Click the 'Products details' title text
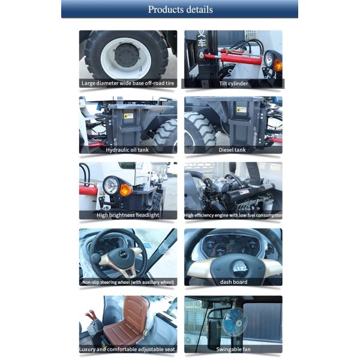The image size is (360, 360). pos(180,9)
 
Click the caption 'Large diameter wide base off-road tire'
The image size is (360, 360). pos(128,83)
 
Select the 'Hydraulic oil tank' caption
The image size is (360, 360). pos(127,149)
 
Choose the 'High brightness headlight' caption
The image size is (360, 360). pos(128,215)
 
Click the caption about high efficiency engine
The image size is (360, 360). pos(233,215)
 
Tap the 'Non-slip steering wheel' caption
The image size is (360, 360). pos(128,281)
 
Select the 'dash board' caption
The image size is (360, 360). pos(233,281)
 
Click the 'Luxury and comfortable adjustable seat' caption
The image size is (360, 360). pos(128,349)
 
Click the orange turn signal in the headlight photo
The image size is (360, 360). pos(125,190)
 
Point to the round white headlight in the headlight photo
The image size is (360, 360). pos(110,185)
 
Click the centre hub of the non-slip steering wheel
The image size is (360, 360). pos(123,254)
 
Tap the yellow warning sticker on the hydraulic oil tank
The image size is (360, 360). pos(128,115)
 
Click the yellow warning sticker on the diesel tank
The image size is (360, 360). pos(241,110)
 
